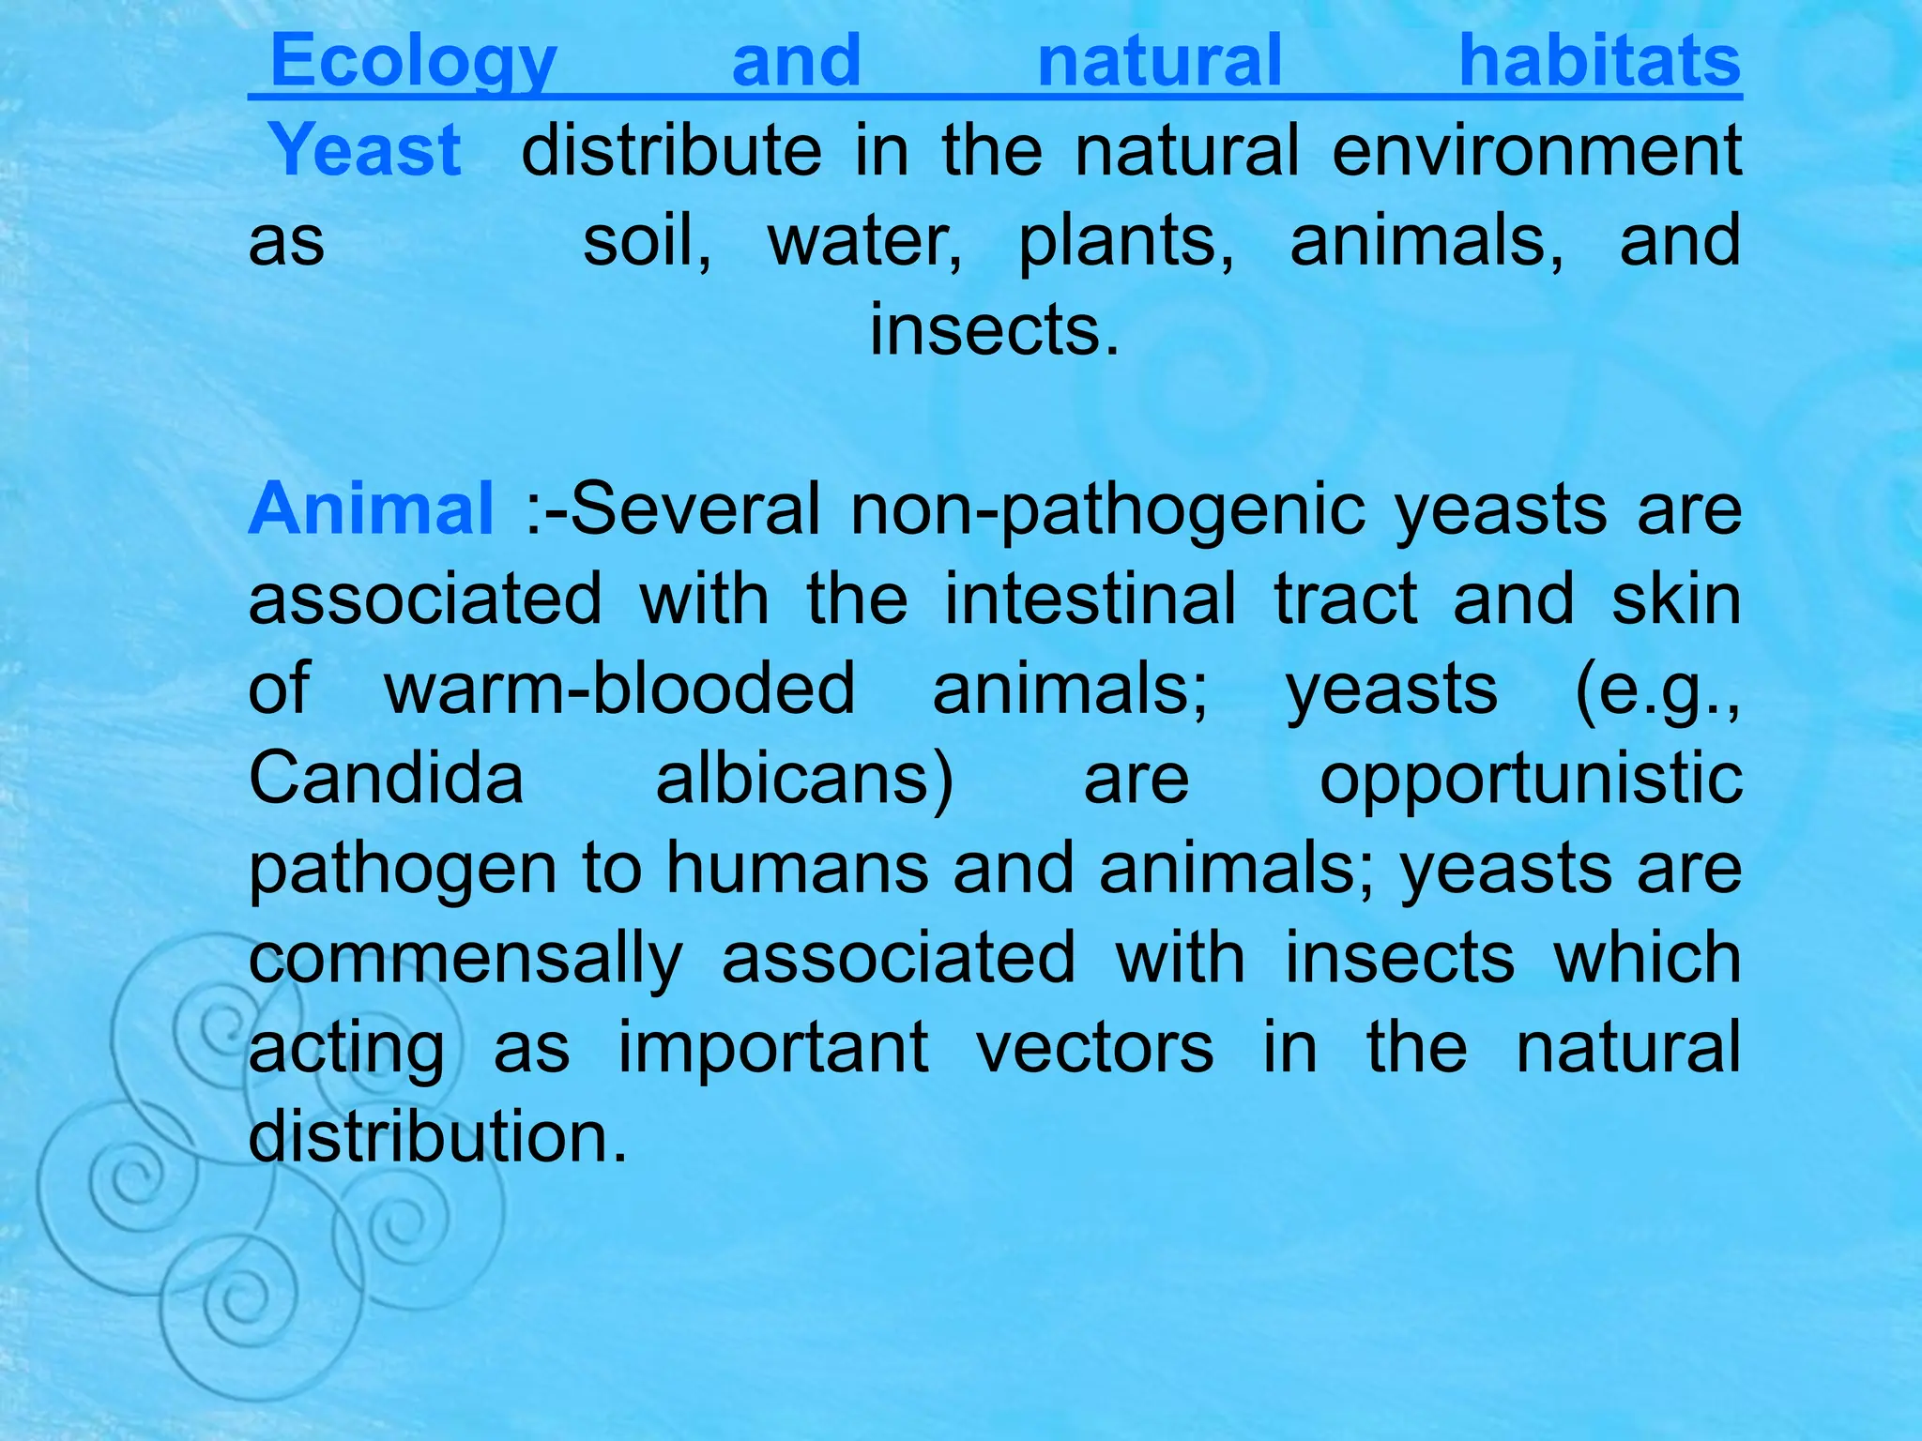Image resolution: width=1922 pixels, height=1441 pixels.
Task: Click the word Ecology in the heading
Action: [413, 62]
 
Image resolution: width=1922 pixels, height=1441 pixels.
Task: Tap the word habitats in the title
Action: [1599, 62]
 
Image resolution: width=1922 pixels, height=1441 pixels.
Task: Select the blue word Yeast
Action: [365, 150]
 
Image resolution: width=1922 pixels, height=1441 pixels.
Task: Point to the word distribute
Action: [671, 150]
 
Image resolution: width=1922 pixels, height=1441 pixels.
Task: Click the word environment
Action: [1536, 150]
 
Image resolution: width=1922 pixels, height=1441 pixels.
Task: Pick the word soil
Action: [646, 240]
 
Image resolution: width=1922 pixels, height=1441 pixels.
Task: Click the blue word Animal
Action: [371, 508]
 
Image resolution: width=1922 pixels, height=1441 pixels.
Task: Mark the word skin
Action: [1676, 599]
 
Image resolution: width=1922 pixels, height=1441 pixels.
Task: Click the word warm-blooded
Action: [619, 689]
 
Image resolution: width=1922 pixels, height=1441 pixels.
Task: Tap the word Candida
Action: [386, 779]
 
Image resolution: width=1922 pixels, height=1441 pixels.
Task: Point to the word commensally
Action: [465, 959]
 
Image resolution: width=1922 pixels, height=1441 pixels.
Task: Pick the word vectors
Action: [1094, 1048]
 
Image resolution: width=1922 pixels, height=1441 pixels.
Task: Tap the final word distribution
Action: [437, 1137]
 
